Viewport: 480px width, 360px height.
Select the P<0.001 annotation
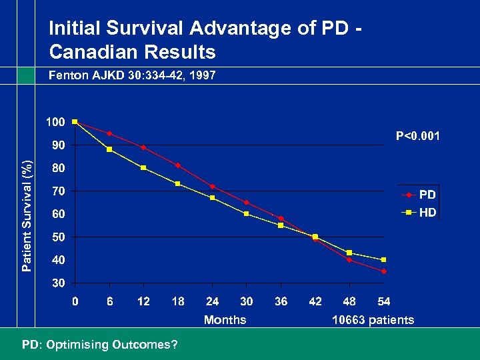pos(418,137)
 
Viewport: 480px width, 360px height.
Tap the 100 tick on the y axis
pos(55,122)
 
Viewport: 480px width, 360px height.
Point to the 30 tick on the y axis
pos(58,283)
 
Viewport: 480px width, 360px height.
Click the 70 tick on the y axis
pos(58,191)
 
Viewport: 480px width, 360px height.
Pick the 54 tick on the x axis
pos(384,301)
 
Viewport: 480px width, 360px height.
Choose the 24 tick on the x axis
pos(212,301)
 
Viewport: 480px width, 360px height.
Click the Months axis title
pos(225,320)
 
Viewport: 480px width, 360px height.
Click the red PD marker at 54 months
pos(384,271)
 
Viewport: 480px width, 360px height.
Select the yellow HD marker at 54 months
pos(384,259)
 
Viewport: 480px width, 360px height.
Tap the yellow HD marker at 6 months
pos(109,149)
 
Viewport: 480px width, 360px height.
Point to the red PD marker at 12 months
pos(143,147)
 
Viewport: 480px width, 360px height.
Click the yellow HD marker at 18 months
pos(178,183)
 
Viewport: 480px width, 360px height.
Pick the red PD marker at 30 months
pos(247,202)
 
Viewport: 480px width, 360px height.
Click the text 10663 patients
pos(373,320)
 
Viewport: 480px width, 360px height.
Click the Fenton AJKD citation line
pos(132,76)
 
